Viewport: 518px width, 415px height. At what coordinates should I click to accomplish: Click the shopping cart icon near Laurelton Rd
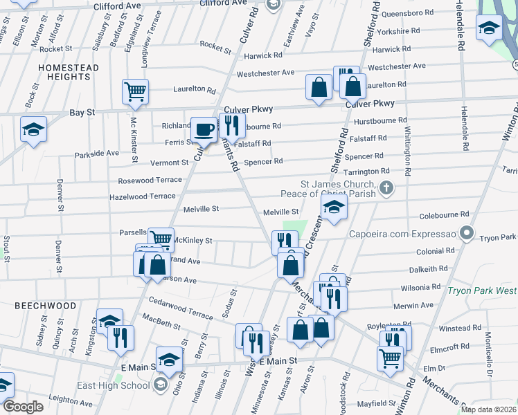(x=136, y=91)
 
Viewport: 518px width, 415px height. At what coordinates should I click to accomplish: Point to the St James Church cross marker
(x=386, y=186)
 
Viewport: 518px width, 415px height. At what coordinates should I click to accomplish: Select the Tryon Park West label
(x=482, y=292)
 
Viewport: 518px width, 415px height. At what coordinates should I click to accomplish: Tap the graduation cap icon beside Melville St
(x=334, y=208)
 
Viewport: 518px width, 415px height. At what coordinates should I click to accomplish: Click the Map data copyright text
(x=489, y=409)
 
